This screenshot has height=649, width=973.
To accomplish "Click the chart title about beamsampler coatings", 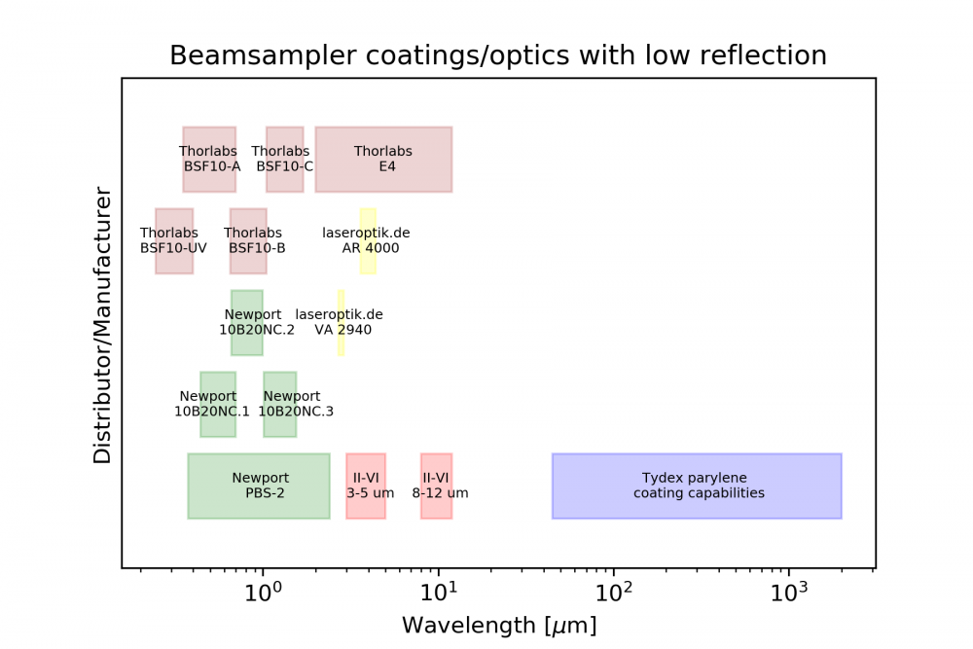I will point(498,55).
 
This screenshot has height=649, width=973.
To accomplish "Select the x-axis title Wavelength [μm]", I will point(498,624).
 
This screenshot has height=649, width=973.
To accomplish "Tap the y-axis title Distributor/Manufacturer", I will point(103,324).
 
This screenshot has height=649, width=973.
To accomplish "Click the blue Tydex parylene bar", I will point(697,486).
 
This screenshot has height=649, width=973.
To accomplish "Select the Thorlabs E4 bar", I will point(383,159).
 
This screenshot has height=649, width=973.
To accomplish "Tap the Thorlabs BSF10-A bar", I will point(209,159).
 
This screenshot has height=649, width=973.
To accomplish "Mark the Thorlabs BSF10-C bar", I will point(284,159).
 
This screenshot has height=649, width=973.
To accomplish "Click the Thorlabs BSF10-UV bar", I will point(174,240).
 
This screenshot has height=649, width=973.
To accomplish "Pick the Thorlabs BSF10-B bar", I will point(248,240).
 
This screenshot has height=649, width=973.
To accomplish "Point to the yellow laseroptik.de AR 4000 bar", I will point(368,240).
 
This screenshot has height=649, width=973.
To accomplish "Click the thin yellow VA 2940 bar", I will point(341,322).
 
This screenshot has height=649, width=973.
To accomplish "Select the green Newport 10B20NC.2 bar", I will point(246,322).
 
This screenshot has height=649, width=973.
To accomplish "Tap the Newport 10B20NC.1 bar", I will point(218,404).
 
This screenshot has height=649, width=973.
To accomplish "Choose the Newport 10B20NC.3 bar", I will point(279,404).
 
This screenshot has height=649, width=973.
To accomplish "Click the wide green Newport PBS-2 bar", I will point(259,486).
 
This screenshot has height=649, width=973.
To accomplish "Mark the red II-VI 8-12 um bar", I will point(436,486).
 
